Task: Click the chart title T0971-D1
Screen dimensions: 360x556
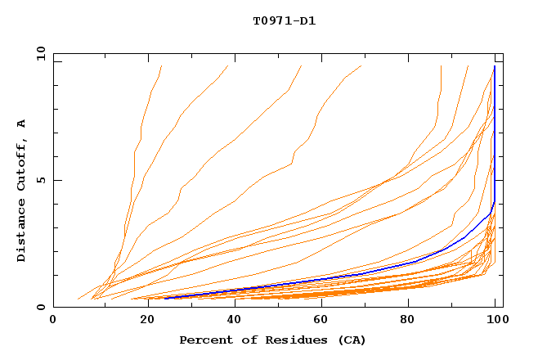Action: tap(284, 20)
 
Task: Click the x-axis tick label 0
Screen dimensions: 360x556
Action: tap(53, 320)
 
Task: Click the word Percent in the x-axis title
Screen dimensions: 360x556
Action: tap(205, 340)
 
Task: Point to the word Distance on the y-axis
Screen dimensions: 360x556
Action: tap(22, 231)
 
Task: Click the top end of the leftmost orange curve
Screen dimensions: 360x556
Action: tap(162, 66)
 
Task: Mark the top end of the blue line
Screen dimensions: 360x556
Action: tap(495, 66)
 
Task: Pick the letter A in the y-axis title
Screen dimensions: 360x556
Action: tap(22, 124)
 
